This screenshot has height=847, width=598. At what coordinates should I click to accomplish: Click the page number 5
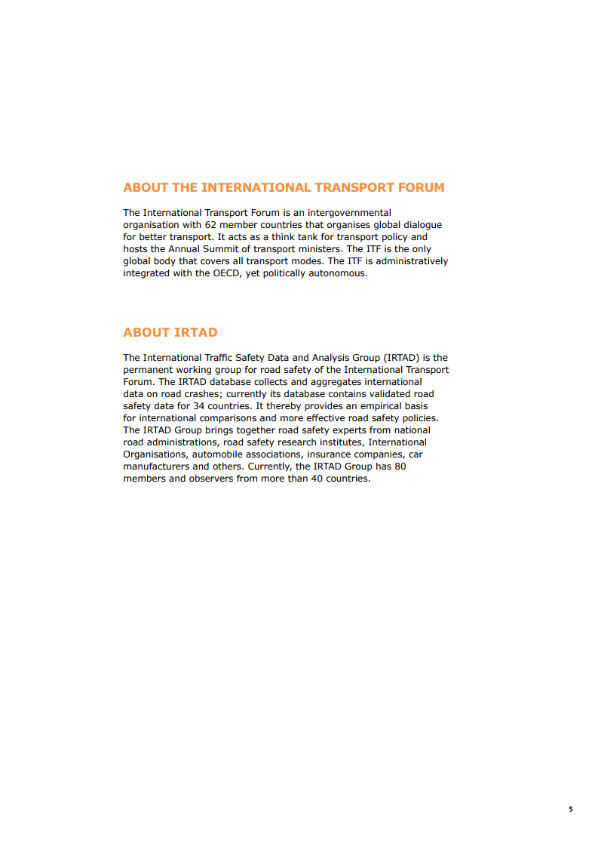click(571, 809)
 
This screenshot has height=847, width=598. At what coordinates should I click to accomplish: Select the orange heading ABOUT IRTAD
click(170, 333)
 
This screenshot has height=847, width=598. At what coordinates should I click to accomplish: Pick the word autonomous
click(339, 273)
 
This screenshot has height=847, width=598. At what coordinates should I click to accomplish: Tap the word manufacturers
click(156, 467)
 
